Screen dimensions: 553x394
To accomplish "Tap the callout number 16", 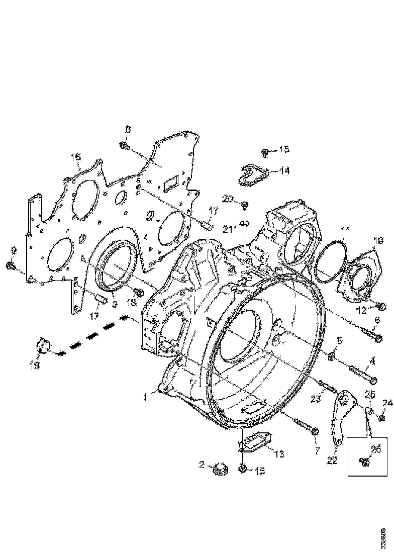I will coord(75,158).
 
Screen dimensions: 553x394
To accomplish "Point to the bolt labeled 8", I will coord(126,146).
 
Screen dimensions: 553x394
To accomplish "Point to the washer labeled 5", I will coord(332,356).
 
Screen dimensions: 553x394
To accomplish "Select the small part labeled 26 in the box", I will coord(365,459).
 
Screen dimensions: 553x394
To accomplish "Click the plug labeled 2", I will coord(220,470).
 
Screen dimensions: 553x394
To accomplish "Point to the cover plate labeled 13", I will coord(255,442).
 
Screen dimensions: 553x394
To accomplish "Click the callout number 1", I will coord(145,397).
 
